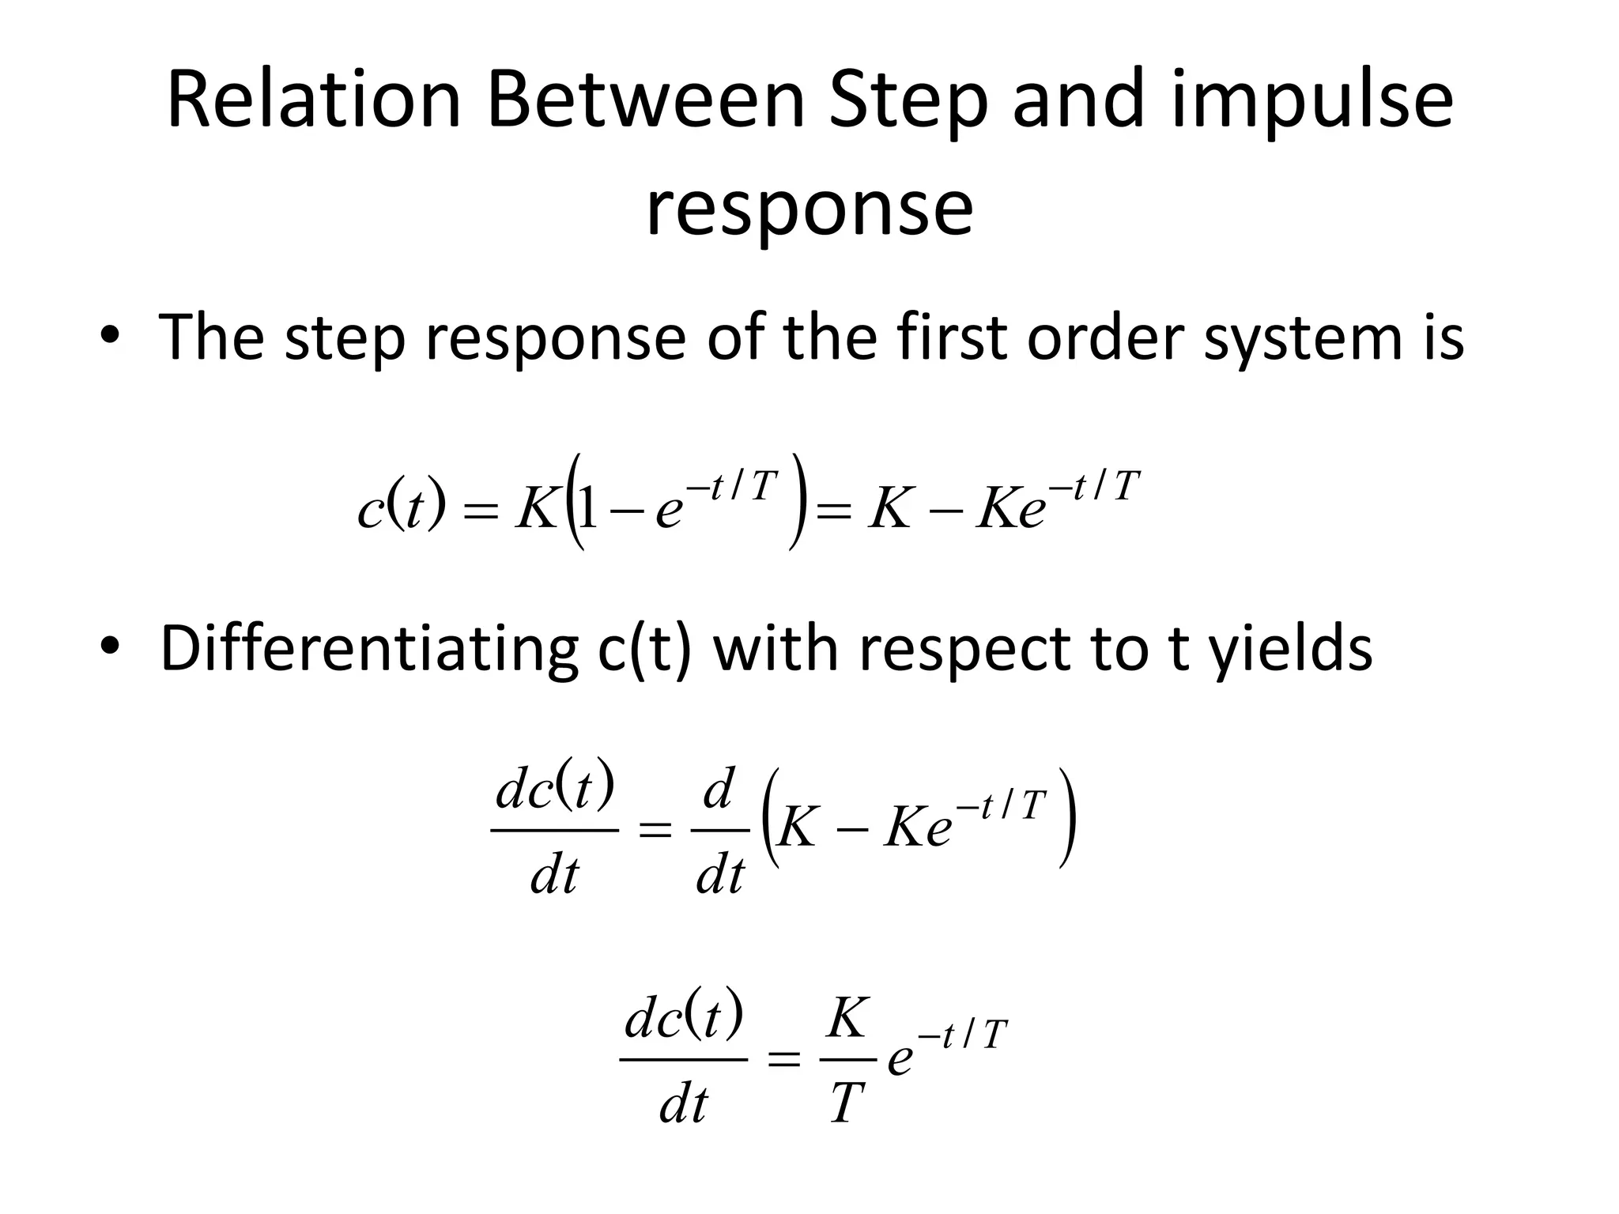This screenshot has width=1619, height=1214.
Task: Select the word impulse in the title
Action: [1312, 101]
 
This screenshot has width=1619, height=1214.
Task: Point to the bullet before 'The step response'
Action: [110, 336]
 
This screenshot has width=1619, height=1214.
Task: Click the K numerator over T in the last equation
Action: [847, 1019]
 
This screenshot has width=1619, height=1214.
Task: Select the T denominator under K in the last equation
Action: [846, 1103]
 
